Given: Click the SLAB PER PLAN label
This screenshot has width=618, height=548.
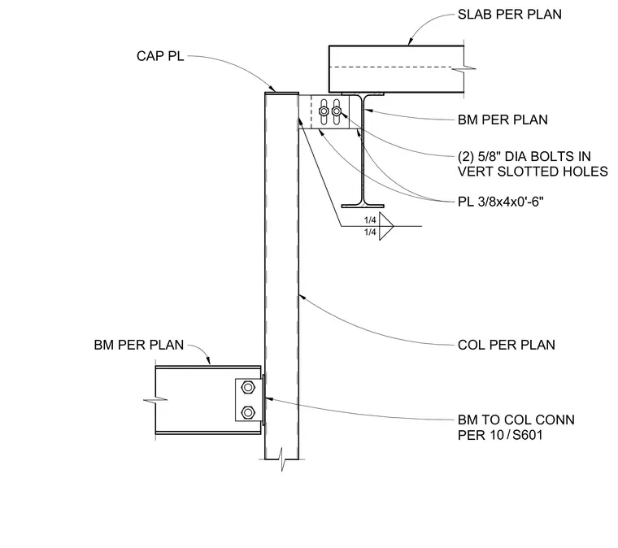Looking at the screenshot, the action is tap(510, 15).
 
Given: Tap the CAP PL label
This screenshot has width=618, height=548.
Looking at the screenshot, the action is tap(160, 56).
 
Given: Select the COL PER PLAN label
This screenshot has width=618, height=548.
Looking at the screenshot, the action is tap(507, 345).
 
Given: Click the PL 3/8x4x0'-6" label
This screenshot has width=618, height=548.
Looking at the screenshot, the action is tap(501, 202).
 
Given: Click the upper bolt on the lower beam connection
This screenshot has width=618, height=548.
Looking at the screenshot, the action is tap(247, 387).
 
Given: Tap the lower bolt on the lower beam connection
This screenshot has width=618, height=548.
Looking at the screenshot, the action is tap(247, 412).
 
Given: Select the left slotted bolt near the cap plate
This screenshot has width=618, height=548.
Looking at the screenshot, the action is tap(324, 111).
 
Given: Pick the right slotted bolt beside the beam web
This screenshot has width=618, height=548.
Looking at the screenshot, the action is tap(336, 111).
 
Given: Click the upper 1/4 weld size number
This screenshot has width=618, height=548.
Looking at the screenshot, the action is tap(370, 220).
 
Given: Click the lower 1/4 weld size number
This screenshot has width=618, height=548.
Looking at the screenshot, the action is tap(370, 232).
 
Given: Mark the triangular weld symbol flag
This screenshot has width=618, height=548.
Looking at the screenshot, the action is tap(386, 226).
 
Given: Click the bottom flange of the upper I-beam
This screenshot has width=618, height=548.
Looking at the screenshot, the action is tap(363, 206).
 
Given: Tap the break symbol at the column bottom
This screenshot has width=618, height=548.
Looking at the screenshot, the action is tap(282, 459).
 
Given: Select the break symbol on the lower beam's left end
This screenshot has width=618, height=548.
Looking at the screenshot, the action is tap(155, 400).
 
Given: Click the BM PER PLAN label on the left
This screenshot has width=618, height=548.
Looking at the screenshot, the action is tap(139, 345).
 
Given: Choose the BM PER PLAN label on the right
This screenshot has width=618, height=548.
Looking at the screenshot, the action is tap(503, 120).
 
